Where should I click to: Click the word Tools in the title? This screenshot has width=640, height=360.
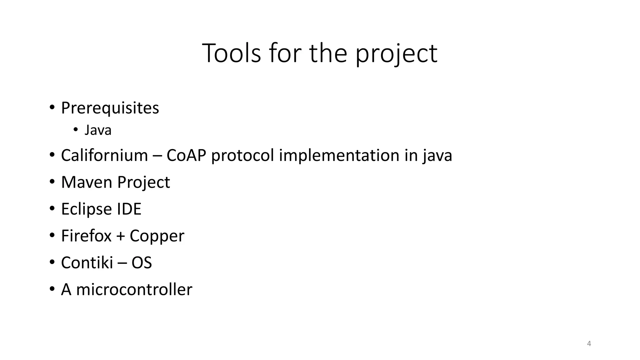click(x=231, y=53)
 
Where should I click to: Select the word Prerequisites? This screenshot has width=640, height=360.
click(x=110, y=108)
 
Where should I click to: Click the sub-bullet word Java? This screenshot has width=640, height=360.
click(x=98, y=130)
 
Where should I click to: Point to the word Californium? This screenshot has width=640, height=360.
click(x=104, y=155)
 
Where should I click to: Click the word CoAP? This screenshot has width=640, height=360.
click(x=186, y=155)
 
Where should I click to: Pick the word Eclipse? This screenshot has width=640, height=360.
click(x=86, y=209)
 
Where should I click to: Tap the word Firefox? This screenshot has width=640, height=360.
click(x=86, y=236)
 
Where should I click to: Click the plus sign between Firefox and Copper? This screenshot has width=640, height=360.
click(x=120, y=236)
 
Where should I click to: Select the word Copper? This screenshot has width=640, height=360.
click(x=157, y=236)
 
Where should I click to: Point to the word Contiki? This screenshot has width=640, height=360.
click(x=87, y=262)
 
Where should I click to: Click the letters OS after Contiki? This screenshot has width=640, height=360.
click(x=142, y=262)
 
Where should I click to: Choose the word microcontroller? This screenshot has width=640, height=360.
click(x=134, y=289)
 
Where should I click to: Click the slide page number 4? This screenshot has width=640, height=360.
click(x=589, y=344)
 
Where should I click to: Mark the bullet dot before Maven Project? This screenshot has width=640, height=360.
click(x=52, y=182)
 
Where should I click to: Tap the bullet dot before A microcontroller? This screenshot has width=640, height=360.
click(x=52, y=289)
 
